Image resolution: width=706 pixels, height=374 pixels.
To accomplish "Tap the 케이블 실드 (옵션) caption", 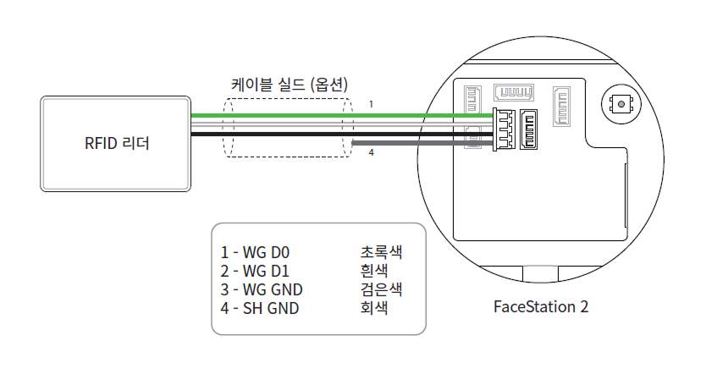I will point(290,85).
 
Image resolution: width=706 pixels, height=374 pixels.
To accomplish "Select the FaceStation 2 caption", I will point(540,305).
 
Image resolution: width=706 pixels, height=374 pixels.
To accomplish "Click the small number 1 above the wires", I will point(370,104).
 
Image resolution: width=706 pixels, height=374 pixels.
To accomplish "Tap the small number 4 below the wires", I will point(370,153).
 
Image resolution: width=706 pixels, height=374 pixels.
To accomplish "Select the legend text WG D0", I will point(266,252).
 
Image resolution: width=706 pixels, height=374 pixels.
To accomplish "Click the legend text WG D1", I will point(266,271).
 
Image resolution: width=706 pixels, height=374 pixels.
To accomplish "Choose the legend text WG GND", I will point(271,289).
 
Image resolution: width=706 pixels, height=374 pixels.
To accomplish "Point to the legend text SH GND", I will point(271,308).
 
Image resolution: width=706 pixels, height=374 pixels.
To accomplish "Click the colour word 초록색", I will point(380,252).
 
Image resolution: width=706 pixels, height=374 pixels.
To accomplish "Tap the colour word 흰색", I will point(373,271).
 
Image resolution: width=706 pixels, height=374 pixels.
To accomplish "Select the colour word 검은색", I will point(380,289).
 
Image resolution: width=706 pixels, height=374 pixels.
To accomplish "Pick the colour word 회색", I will point(373,308).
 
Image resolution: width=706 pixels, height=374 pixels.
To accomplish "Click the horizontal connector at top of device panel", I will point(516,92).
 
